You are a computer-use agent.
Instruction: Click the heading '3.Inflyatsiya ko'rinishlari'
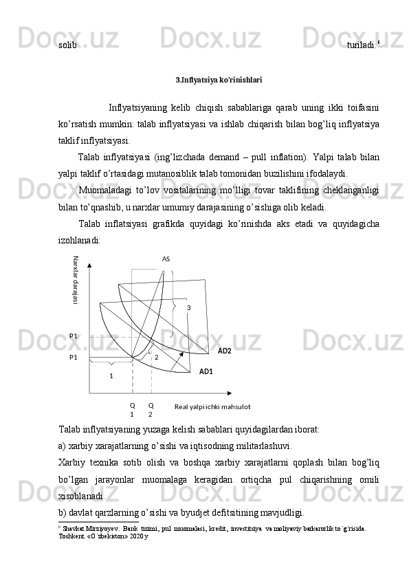pyautogui.click(x=219, y=80)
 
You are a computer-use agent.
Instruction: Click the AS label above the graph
pyautogui.click(x=166, y=259)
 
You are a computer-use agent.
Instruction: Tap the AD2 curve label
pyautogui.click(x=225, y=351)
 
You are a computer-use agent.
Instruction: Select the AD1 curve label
pyautogui.click(x=206, y=371)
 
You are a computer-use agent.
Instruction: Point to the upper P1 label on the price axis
pyautogui.click(x=74, y=336)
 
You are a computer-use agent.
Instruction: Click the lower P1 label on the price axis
pyautogui.click(x=74, y=358)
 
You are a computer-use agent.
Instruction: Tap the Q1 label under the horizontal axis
pyautogui.click(x=132, y=410)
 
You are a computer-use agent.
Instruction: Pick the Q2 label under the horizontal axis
pyautogui.click(x=151, y=410)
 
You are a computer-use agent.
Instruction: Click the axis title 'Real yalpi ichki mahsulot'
pyautogui.click(x=212, y=407)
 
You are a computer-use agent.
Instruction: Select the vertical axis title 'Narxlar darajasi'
pyautogui.click(x=76, y=281)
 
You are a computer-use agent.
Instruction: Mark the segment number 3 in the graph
pyautogui.click(x=188, y=307)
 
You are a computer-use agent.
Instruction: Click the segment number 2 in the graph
pyautogui.click(x=156, y=357)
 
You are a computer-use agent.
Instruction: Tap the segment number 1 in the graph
pyautogui.click(x=111, y=375)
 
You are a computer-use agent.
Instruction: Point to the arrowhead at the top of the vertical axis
pyautogui.click(x=89, y=262)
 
